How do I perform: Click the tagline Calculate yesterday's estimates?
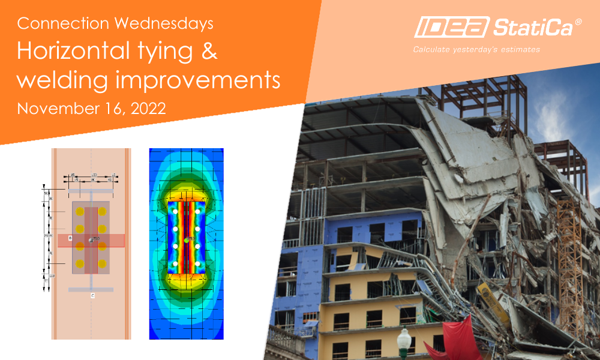pos(476,49)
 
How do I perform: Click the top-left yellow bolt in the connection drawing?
pos(79,211)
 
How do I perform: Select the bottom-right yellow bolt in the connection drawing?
pos(103,263)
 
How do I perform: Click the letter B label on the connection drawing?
pos(70,239)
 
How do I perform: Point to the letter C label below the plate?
pos(92,296)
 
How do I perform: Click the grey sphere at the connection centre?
pos(91,240)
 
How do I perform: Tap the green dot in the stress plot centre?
pos(187,239)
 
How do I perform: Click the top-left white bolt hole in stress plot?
pos(175,212)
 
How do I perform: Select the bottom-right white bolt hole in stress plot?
pos(197,263)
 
